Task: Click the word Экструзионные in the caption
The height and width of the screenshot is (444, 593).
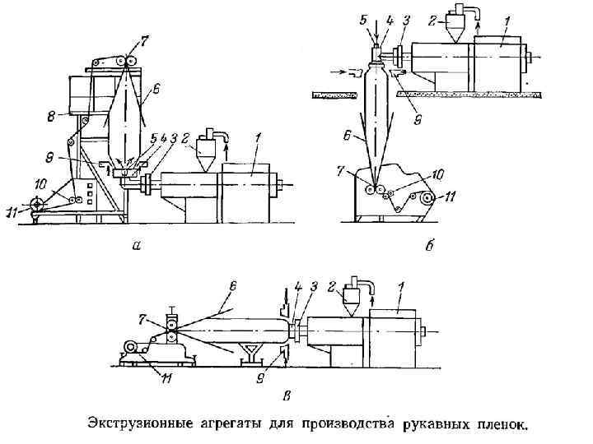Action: [138, 425]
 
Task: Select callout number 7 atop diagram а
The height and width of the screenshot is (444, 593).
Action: [144, 39]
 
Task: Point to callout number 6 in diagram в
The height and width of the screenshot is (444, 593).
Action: [233, 286]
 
